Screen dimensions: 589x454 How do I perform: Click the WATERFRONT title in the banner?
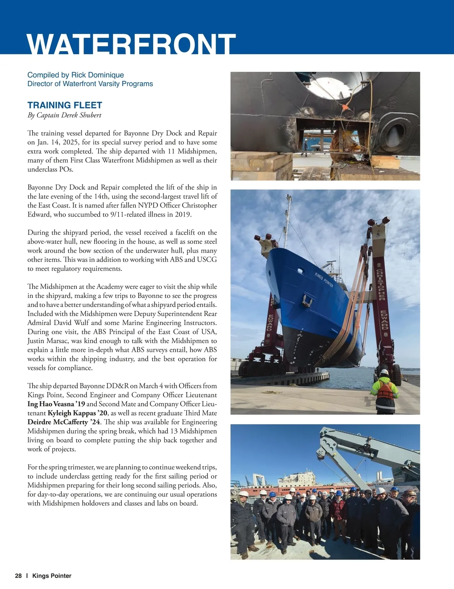[x=131, y=45]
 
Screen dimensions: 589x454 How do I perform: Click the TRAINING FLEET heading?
[x=65, y=105]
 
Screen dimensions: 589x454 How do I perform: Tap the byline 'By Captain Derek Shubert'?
[x=64, y=115]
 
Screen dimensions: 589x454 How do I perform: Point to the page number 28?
[x=18, y=576]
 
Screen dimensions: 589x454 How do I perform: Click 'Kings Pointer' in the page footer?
[x=52, y=576]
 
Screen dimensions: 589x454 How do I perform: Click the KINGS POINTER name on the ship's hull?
[x=324, y=280]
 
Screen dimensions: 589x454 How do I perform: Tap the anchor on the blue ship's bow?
[x=306, y=301]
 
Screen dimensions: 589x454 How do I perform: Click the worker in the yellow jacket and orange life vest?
[x=384, y=391]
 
